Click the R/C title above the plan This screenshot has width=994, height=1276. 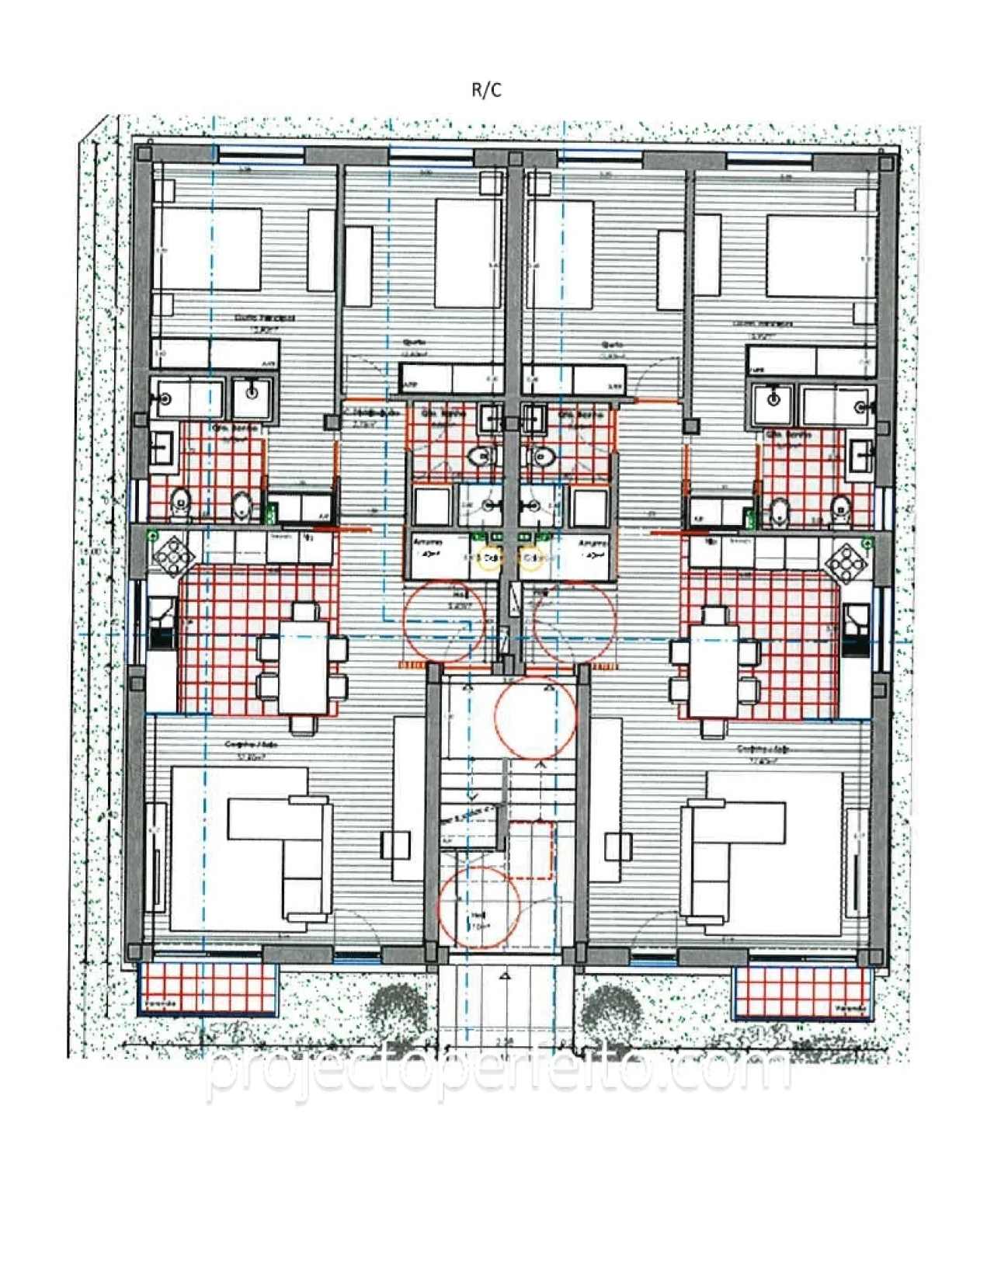[487, 90]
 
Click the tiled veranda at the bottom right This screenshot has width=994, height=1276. [800, 991]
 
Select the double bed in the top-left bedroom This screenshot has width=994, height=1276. [210, 250]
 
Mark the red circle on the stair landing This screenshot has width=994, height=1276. [536, 717]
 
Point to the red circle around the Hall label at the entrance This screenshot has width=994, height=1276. [479, 907]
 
